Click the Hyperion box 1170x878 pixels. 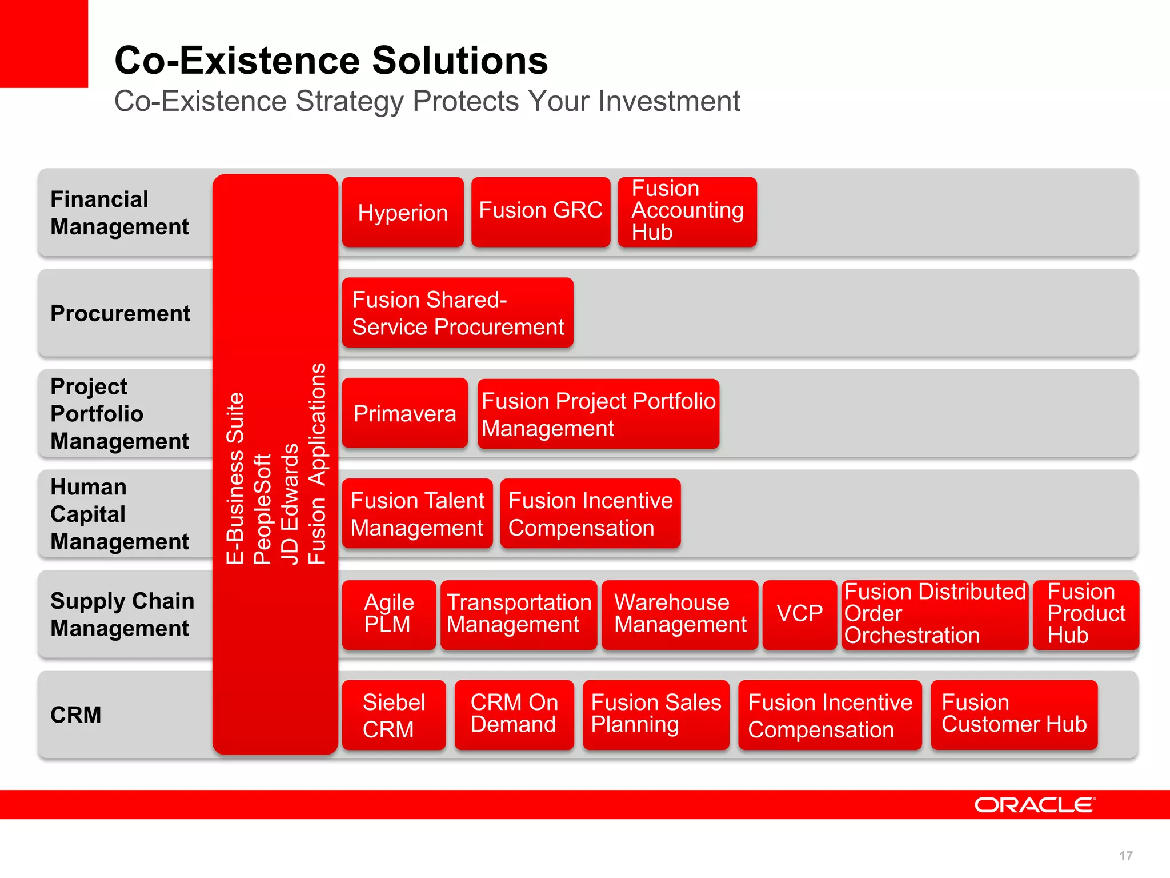click(x=403, y=212)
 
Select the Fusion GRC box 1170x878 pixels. click(x=540, y=211)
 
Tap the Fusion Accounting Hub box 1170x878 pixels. click(x=687, y=211)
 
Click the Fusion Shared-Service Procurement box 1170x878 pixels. click(x=458, y=313)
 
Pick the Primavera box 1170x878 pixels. click(x=404, y=413)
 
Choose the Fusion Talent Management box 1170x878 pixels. click(x=417, y=514)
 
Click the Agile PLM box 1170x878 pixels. click(x=389, y=614)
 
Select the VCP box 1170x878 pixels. click(x=799, y=614)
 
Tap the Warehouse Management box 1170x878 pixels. click(x=680, y=614)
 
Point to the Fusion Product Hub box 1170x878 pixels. click(x=1085, y=614)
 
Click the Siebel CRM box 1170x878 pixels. click(x=394, y=715)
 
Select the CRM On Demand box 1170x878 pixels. click(x=514, y=715)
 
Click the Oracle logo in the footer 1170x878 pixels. click(x=1035, y=805)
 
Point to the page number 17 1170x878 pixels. click(x=1125, y=856)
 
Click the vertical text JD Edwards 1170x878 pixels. click(x=290, y=504)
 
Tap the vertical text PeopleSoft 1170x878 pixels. click(x=262, y=509)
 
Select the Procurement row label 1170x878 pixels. click(x=121, y=313)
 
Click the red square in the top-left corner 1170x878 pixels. click(x=44, y=43)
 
